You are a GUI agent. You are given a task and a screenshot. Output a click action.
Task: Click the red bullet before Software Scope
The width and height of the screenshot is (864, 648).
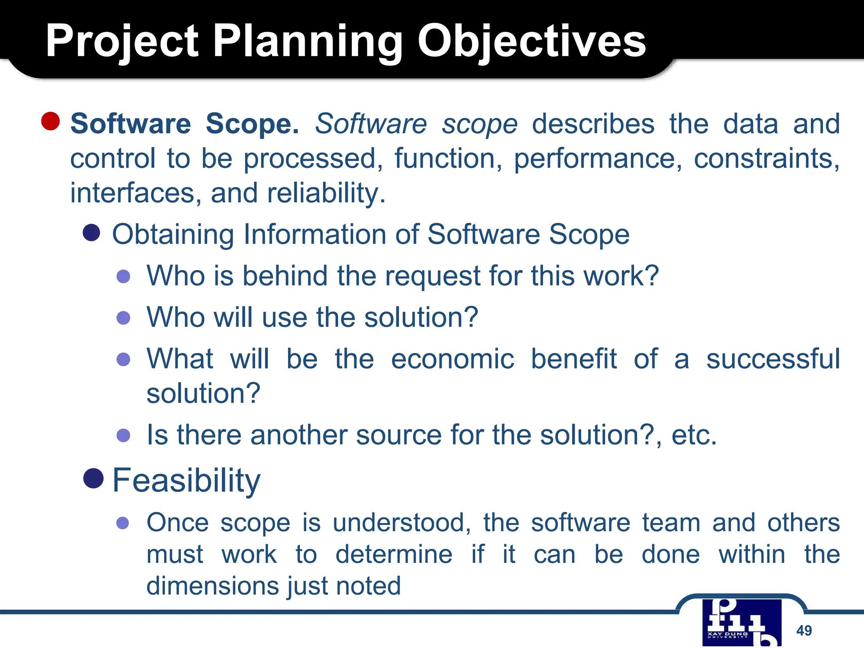(50, 121)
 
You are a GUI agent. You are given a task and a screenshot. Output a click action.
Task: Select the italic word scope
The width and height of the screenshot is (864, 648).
(479, 124)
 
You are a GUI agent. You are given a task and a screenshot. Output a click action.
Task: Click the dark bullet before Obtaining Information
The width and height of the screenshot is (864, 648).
(91, 232)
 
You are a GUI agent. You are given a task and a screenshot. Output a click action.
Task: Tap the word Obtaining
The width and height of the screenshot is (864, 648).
(173, 235)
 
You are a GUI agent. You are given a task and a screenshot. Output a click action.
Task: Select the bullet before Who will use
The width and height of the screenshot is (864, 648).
(123, 317)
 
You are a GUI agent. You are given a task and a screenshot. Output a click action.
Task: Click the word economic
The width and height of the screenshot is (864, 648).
(452, 359)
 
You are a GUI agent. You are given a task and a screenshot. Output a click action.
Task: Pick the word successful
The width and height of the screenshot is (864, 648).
(773, 359)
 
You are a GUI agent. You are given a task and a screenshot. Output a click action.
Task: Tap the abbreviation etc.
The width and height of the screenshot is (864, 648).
(694, 435)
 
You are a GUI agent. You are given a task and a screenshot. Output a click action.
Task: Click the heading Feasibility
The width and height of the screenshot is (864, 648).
(186, 481)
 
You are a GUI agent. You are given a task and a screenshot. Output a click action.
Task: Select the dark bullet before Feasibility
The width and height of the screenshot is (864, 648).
(94, 478)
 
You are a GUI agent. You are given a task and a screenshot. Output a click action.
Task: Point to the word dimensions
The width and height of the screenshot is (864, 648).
(214, 586)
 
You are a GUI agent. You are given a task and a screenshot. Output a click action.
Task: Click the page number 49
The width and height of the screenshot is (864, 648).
(804, 630)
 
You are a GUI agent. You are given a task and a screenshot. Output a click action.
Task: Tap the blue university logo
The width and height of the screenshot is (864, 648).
(742, 622)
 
